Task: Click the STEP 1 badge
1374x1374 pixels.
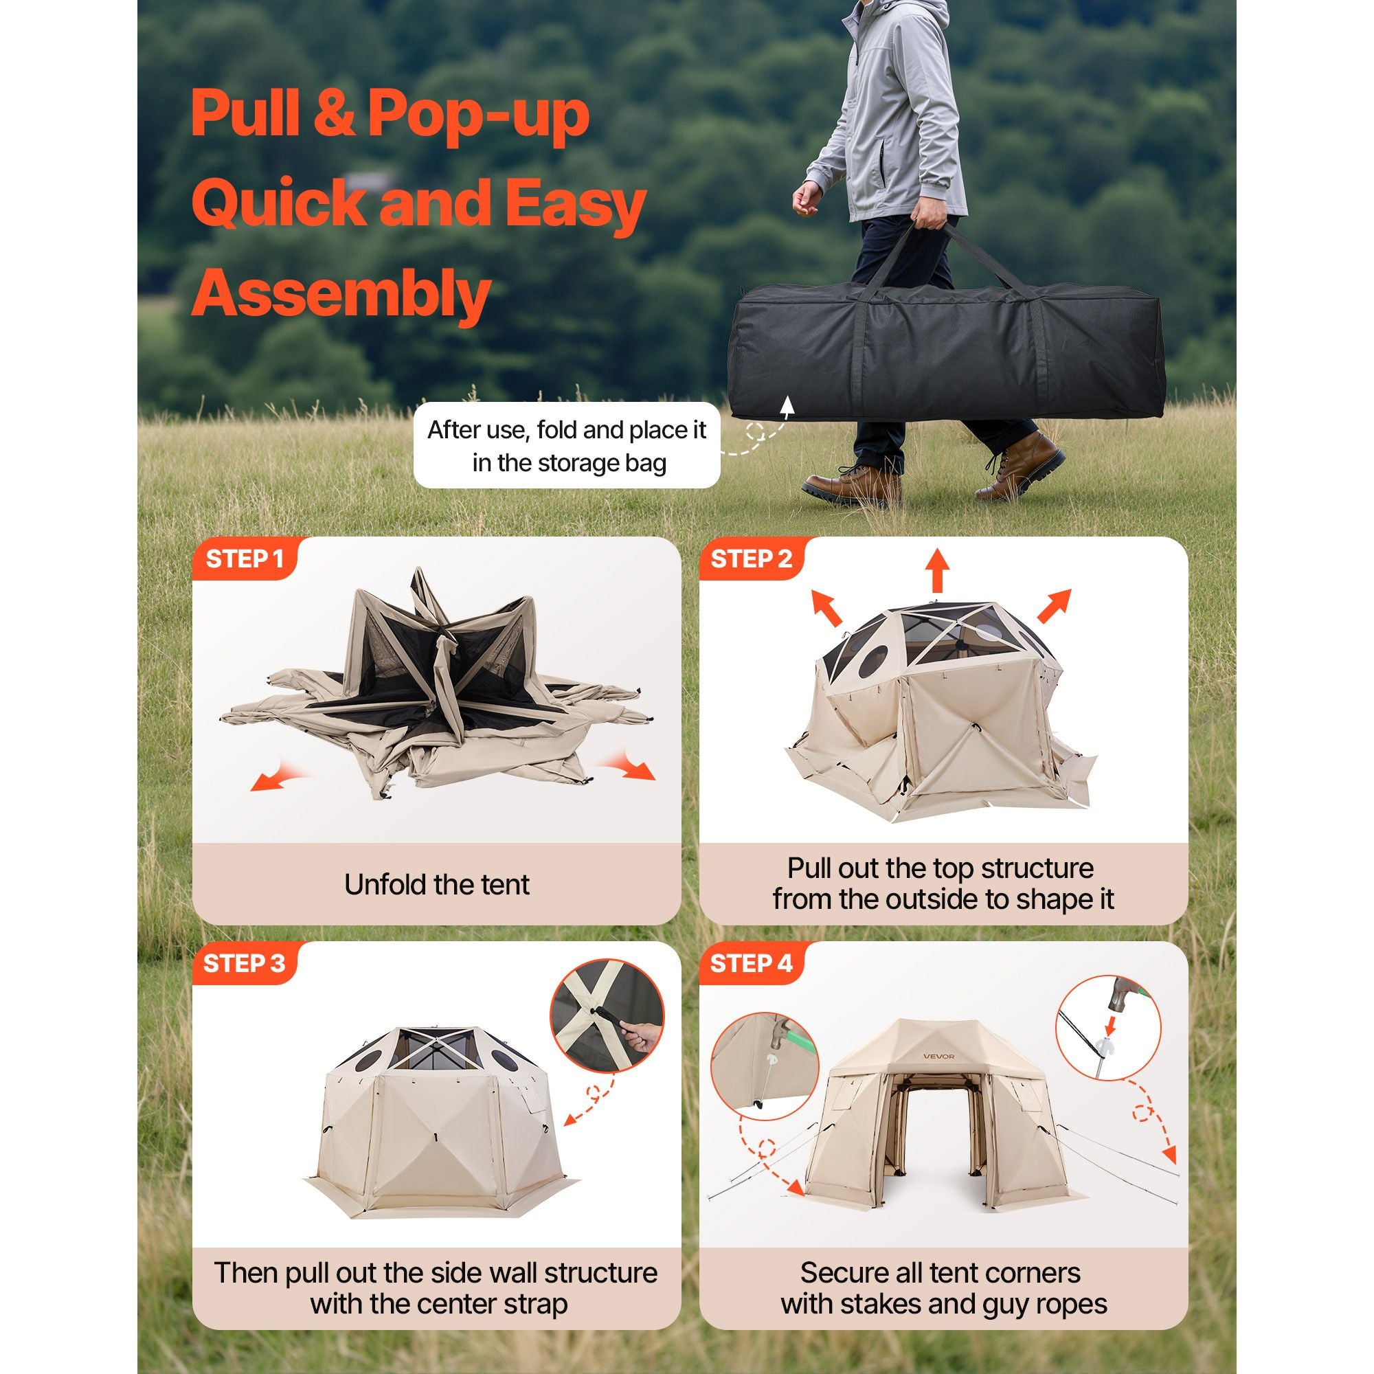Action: pos(244,559)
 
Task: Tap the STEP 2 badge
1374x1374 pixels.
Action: pos(751,559)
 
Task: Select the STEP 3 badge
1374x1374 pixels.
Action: pos(244,964)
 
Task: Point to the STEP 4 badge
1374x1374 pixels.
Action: pos(751,964)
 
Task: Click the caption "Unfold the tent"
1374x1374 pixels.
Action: pos(437,885)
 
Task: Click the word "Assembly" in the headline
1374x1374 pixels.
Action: pos(341,294)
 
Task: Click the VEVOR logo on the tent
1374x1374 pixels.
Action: pos(938,1075)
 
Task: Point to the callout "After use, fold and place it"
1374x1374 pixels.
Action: pos(567,430)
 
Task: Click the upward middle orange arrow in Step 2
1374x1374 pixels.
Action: pos(937,570)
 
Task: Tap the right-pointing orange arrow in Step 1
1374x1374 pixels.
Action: pos(626,766)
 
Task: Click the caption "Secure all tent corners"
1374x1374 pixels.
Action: pos(941,1272)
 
